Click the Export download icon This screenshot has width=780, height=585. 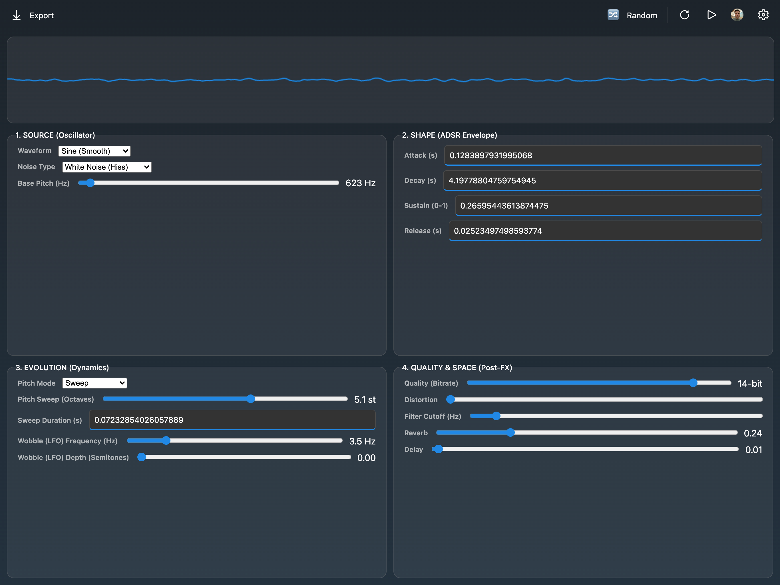click(17, 15)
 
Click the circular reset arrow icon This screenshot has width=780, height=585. click(684, 15)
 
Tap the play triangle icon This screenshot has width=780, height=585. click(711, 15)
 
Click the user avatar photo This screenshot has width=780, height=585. click(737, 15)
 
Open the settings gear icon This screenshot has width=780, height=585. click(763, 15)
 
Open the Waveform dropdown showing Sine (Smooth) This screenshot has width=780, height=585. click(95, 151)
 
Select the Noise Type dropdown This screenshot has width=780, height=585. click(107, 167)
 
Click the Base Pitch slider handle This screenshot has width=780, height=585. click(90, 183)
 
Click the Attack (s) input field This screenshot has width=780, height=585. click(603, 155)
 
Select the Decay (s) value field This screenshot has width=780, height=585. click(603, 180)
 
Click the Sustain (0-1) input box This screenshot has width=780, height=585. click(609, 205)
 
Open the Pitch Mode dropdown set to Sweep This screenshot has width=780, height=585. click(95, 383)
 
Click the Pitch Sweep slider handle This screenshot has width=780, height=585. click(250, 399)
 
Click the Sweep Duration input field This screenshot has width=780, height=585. click(232, 420)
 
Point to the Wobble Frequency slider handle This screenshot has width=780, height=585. click(166, 440)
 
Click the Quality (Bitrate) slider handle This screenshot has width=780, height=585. click(693, 383)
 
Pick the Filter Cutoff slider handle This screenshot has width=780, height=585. click(496, 416)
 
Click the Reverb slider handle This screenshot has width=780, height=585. click(510, 432)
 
